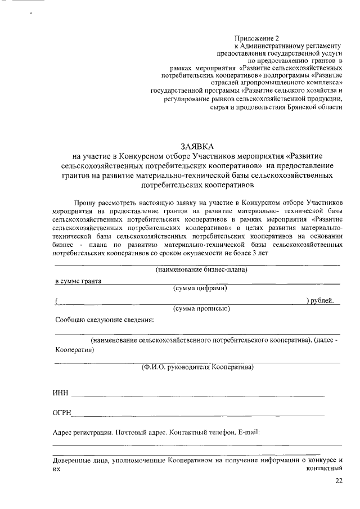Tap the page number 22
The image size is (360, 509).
[338, 481]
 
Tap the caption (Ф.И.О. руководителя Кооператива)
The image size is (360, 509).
[197, 367]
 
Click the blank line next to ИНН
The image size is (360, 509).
[197, 395]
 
